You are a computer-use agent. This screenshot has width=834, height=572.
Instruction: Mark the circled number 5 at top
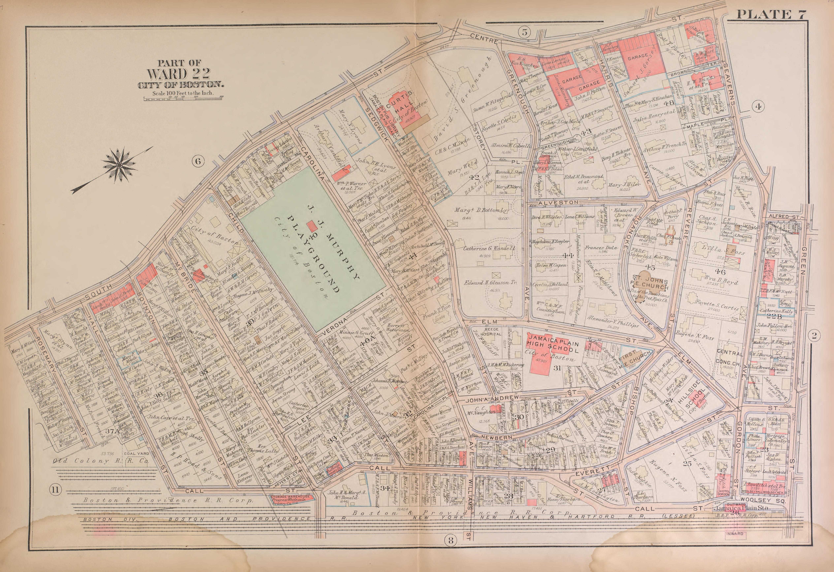pos(524,32)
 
